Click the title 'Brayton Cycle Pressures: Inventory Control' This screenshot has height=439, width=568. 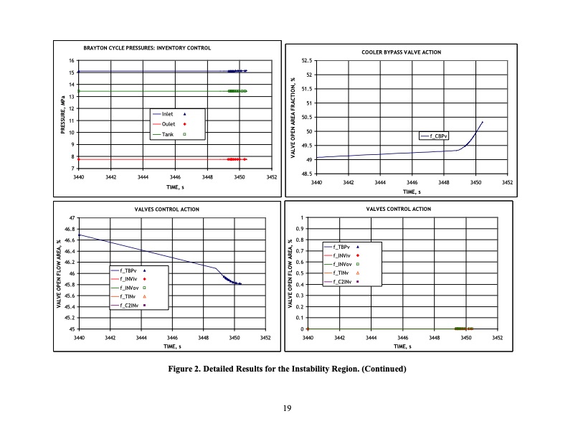(147, 48)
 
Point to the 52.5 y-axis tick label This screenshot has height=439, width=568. (305, 61)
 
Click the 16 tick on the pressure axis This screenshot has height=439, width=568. (72, 60)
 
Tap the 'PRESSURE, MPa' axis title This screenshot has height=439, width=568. (63, 114)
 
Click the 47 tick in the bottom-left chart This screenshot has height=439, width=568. (72, 217)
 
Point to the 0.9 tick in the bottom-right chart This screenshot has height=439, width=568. (303, 229)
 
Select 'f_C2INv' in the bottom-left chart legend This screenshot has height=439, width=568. (128, 305)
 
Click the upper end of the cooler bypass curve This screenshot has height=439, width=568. (483, 122)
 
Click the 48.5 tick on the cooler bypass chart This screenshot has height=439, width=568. (305, 174)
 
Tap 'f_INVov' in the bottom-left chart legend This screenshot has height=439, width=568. (129, 288)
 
